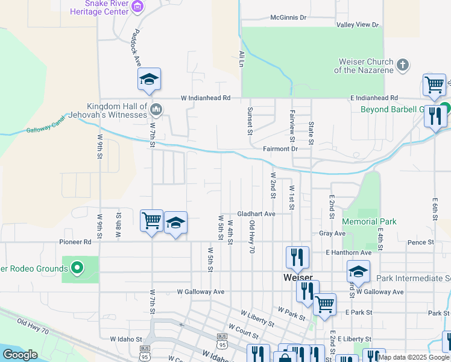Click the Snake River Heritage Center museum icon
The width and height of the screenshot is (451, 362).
click(138, 7)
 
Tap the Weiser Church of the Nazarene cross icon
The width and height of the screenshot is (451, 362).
click(403, 64)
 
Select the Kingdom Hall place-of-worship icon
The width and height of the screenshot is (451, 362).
click(156, 110)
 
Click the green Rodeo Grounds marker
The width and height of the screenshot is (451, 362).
click(77, 267)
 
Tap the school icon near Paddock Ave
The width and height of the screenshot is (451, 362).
click(149, 80)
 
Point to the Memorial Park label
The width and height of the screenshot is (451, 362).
click(370, 221)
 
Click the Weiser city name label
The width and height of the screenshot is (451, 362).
click(297, 278)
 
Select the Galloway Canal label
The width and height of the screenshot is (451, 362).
click(45, 126)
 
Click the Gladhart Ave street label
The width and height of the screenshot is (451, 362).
click(256, 214)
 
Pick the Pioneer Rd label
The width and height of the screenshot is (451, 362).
click(75, 242)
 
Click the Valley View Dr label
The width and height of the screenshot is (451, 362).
click(358, 25)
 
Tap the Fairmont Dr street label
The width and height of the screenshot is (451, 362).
click(280, 148)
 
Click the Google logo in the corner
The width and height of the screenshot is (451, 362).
click(20, 355)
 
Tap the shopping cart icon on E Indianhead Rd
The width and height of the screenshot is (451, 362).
click(434, 85)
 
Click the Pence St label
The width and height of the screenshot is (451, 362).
click(421, 242)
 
